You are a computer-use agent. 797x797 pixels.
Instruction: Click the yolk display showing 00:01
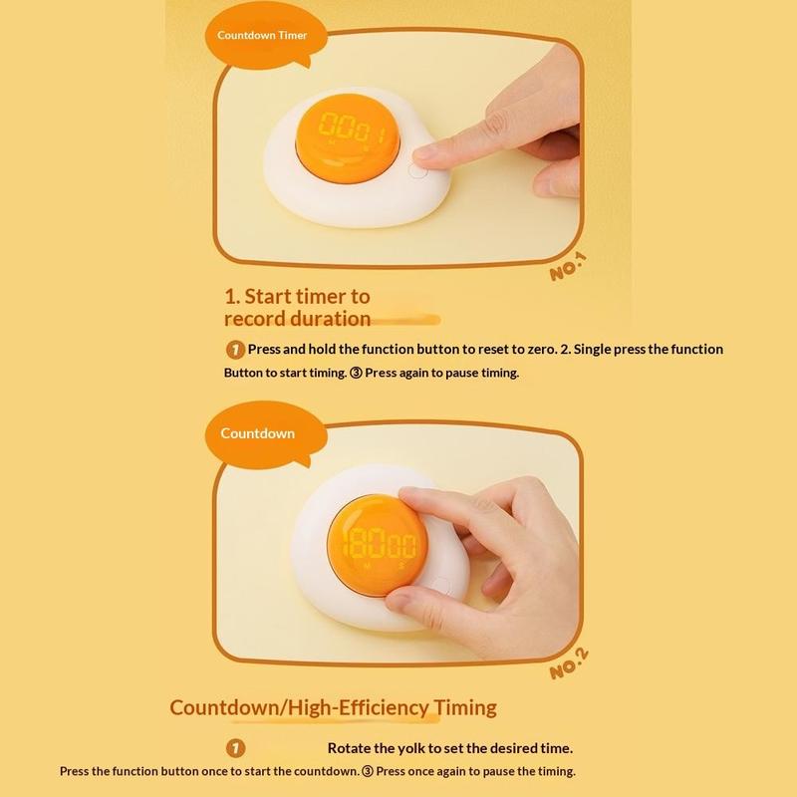(x=348, y=138)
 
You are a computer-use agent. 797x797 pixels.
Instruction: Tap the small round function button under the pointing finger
(x=417, y=171)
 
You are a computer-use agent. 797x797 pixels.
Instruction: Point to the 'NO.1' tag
(x=568, y=267)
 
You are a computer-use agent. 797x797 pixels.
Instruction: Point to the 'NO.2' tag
(x=569, y=664)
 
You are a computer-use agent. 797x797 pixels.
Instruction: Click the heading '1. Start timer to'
(x=297, y=296)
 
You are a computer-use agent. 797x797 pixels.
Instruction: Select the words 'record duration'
(x=297, y=319)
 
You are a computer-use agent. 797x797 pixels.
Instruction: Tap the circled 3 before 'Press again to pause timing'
(x=356, y=373)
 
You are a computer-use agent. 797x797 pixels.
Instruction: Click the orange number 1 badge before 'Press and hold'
(x=235, y=350)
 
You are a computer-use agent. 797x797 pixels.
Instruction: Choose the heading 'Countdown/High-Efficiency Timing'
(x=333, y=707)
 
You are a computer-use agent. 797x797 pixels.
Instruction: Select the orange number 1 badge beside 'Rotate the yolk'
(x=235, y=748)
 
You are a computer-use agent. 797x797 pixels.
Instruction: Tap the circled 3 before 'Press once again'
(x=367, y=771)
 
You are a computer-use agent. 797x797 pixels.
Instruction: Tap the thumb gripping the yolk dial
(x=406, y=604)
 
